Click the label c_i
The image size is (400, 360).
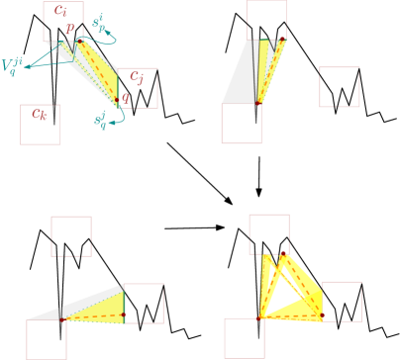pos(61,12)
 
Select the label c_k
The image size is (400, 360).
pos(39,114)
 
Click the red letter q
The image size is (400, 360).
pos(126,97)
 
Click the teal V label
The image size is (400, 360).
pos(12,66)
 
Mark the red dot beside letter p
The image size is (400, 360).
pos(79,41)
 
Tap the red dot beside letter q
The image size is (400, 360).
pos(117,100)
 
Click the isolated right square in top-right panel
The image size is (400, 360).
pos(339,87)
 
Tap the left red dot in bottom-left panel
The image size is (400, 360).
pos(61,319)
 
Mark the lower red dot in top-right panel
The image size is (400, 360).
pos(258,102)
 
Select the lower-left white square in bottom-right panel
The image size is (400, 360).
pos(244,337)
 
